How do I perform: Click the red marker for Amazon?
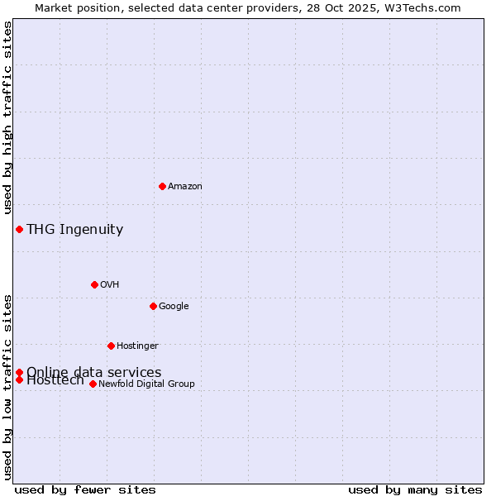click(162, 186)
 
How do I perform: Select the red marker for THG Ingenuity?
click(19, 229)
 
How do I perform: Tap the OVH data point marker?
click(94, 284)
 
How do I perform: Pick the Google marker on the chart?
click(153, 306)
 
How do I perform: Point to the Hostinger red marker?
click(111, 346)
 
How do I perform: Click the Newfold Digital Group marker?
click(93, 384)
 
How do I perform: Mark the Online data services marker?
click(19, 372)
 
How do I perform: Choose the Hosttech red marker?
click(19, 379)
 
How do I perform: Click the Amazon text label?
click(184, 187)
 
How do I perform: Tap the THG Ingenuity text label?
click(74, 230)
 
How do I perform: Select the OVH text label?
click(109, 285)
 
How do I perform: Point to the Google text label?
click(174, 307)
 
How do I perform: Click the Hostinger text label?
click(137, 346)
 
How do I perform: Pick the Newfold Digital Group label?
click(146, 384)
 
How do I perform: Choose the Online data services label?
click(93, 372)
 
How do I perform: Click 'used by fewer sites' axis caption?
click(85, 490)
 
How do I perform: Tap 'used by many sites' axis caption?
click(415, 490)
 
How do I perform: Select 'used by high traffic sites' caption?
click(8, 118)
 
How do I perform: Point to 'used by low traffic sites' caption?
click(8, 387)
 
